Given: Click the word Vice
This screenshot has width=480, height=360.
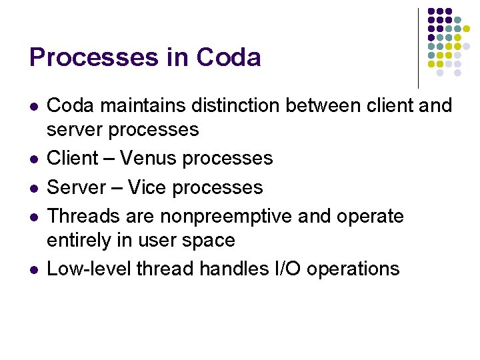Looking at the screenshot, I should point(147,187).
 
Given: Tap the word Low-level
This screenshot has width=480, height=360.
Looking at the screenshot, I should point(90,269).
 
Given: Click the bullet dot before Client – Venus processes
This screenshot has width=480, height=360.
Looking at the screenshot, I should point(34,159).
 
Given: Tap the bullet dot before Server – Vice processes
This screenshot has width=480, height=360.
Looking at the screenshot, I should point(34,189).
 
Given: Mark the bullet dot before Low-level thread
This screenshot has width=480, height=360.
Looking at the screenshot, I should point(34,270).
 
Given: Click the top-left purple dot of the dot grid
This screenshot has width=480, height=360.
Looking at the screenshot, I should point(431,11).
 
